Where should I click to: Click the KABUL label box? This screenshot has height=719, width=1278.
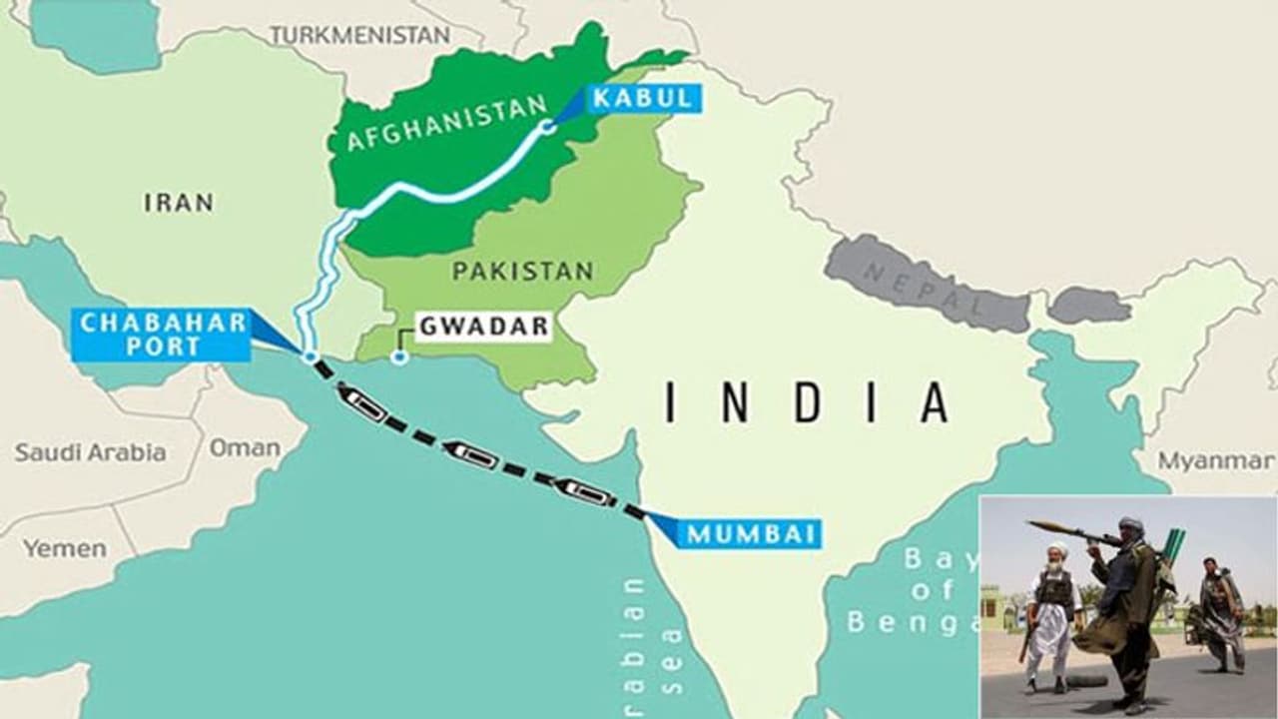pyautogui.click(x=643, y=98)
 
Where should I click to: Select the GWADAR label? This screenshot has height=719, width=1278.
pyautogui.click(x=483, y=327)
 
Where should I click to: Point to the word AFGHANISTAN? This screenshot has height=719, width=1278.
pyautogui.click(x=446, y=123)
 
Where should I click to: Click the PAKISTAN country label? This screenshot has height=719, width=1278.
pyautogui.click(x=522, y=271)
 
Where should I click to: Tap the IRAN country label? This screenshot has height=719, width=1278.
pyautogui.click(x=179, y=203)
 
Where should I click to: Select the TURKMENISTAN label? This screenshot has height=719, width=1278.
pyautogui.click(x=359, y=35)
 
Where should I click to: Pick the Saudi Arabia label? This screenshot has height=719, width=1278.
pyautogui.click(x=90, y=452)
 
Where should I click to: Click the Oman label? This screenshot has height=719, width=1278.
pyautogui.click(x=244, y=447)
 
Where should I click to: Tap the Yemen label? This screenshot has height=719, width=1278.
pyautogui.click(x=64, y=548)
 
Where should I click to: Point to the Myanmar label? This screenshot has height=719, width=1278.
pyautogui.click(x=1216, y=461)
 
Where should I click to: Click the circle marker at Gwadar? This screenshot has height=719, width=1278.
pyautogui.click(x=399, y=357)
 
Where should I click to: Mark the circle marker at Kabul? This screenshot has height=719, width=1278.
pyautogui.click(x=547, y=127)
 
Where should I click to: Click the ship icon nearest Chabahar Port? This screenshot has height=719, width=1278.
pyautogui.click(x=363, y=403)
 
